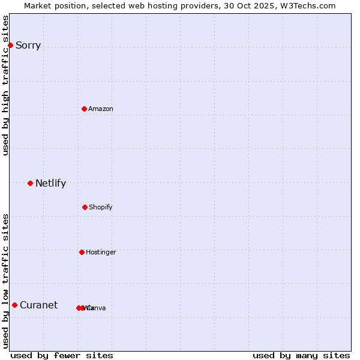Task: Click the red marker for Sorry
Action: tap(10, 45)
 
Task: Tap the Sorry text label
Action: tap(28, 46)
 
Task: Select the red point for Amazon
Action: tap(84, 109)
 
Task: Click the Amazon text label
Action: tap(101, 109)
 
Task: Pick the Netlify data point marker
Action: tap(30, 183)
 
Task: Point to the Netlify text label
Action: tap(50, 184)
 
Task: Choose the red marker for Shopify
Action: tap(85, 207)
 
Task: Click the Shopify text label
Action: tap(101, 208)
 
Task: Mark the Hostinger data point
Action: tap(82, 252)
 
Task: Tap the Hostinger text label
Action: tap(101, 253)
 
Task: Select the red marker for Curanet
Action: tap(14, 305)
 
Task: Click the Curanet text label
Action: tap(38, 305)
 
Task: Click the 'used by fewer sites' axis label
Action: tap(62, 355)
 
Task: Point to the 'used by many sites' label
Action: tap(301, 355)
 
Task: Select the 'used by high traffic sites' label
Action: tap(6, 85)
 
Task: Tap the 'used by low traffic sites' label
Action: tap(6, 281)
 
